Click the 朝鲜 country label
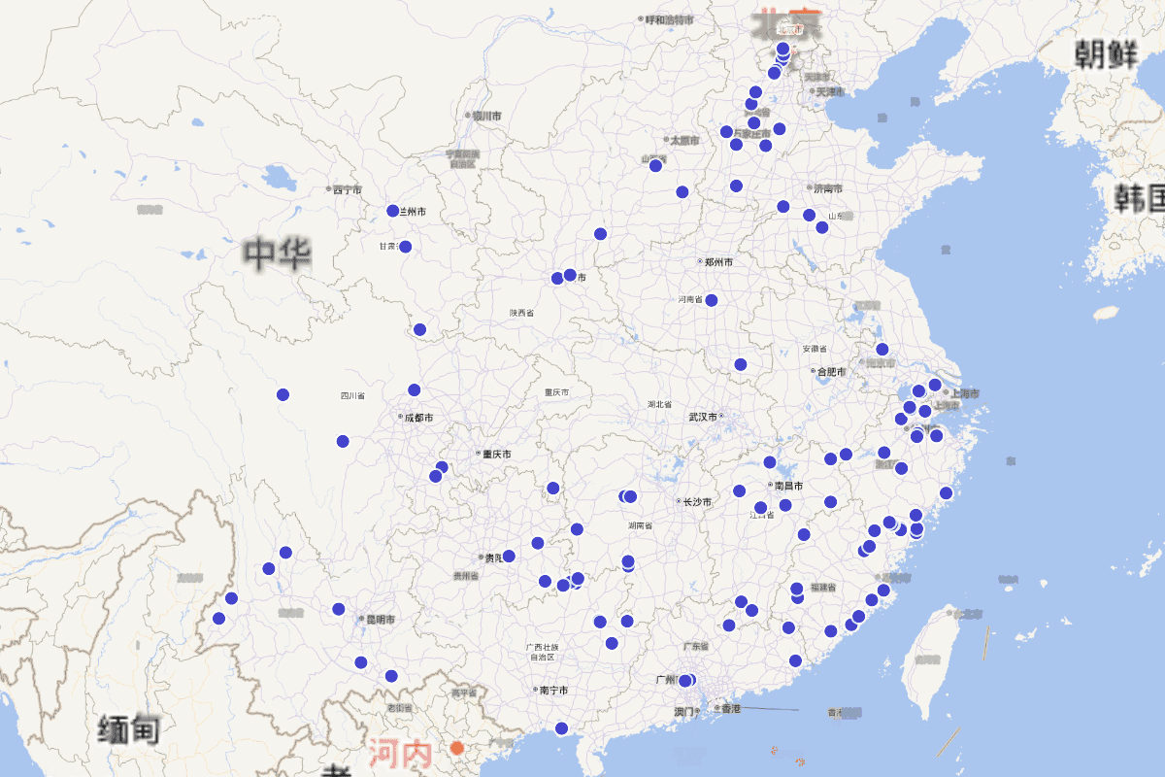click(1106, 55)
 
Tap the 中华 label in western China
click(278, 254)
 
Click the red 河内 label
click(399, 754)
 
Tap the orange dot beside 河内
click(457, 748)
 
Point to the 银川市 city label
click(484, 116)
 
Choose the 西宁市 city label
click(347, 189)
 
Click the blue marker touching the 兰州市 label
click(393, 211)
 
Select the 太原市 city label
click(684, 140)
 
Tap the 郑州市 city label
click(717, 262)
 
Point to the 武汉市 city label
click(703, 417)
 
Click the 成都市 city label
click(417, 418)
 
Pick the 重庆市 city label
click(495, 454)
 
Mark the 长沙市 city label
click(696, 502)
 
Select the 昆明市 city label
click(378, 619)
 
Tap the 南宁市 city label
click(552, 691)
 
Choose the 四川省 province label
click(352, 396)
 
